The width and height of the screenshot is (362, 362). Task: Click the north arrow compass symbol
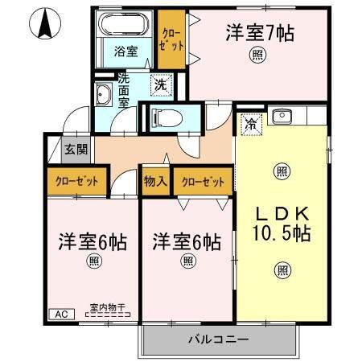47,25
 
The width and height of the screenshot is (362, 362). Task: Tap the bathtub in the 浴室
125,24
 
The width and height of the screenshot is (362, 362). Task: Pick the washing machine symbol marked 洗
161,84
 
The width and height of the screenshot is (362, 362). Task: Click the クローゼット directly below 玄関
77,181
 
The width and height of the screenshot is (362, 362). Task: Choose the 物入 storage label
155,181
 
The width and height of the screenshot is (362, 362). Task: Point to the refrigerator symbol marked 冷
250,125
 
